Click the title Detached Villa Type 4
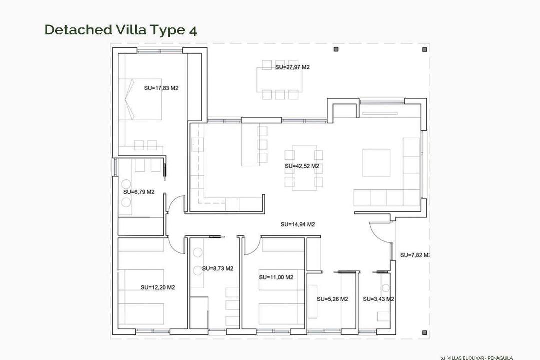pos(121,30)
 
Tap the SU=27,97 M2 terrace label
pos(292,67)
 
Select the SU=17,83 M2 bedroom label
pos(161,88)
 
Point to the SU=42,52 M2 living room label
pos(302,166)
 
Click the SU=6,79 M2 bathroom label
pos(139,192)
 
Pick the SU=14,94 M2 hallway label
pos(298,224)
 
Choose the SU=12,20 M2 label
pos(157,287)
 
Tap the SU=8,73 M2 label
pos(218,268)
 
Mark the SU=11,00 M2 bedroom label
pos(276,277)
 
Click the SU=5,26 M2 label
pos(332,299)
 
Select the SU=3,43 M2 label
pos(378,299)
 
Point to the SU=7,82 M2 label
pos(415,255)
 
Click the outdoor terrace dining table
pos(279,79)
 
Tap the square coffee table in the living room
pos(376,162)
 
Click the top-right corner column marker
pos(424,49)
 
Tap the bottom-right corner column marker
pos(424,332)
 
